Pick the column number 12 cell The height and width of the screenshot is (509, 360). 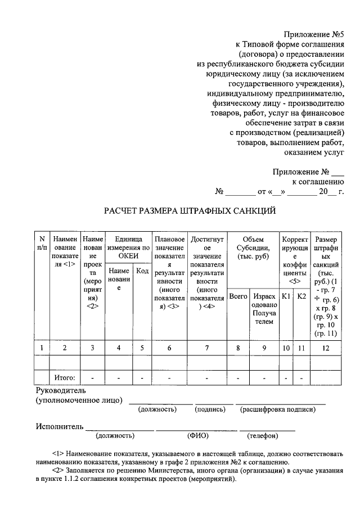(326, 348)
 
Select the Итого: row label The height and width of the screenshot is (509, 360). (64, 377)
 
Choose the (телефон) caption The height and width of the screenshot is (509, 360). (263, 435)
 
